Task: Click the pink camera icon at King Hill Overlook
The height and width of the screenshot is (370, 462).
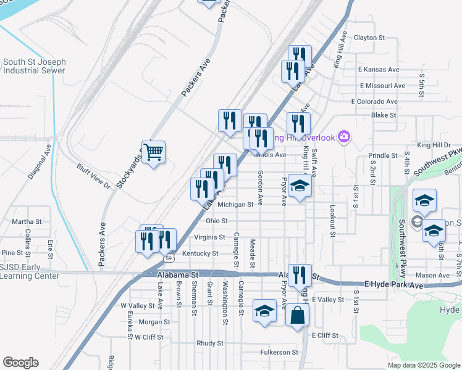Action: (345, 136)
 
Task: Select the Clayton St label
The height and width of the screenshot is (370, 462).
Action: (369, 38)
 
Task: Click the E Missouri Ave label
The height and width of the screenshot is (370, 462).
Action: (382, 86)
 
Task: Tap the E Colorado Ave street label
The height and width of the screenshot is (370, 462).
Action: (374, 101)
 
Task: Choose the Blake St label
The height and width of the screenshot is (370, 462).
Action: (383, 115)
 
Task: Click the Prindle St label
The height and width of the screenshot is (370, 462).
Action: (382, 156)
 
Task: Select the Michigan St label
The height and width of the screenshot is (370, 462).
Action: (235, 205)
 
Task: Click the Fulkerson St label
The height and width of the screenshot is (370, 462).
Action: (278, 352)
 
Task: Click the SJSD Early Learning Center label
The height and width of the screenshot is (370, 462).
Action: (30, 271)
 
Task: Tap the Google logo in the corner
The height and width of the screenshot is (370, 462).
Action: (20, 363)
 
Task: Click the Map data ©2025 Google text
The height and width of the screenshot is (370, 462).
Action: (423, 365)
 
